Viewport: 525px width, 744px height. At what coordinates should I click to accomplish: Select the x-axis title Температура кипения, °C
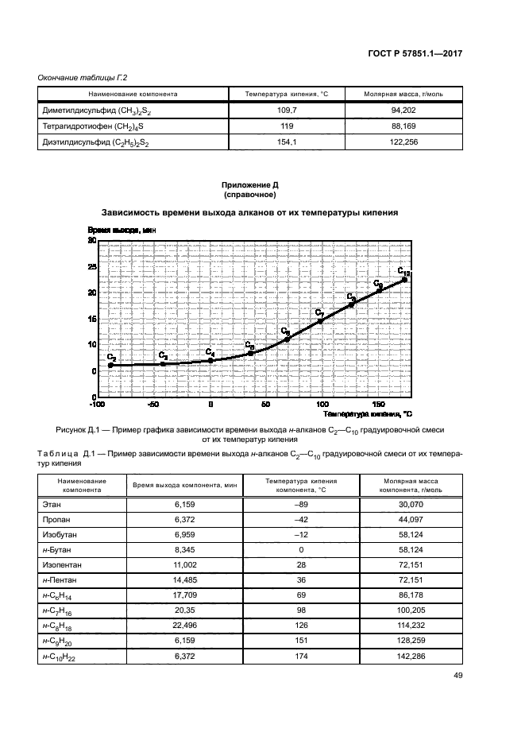coord(368,414)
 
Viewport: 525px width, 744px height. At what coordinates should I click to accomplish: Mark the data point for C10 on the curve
coord(404,280)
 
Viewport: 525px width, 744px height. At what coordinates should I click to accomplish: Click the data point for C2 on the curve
coord(110,365)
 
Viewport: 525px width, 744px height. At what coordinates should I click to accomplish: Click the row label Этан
coord(49,505)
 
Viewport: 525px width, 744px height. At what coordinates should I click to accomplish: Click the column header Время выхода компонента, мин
coord(174,484)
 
